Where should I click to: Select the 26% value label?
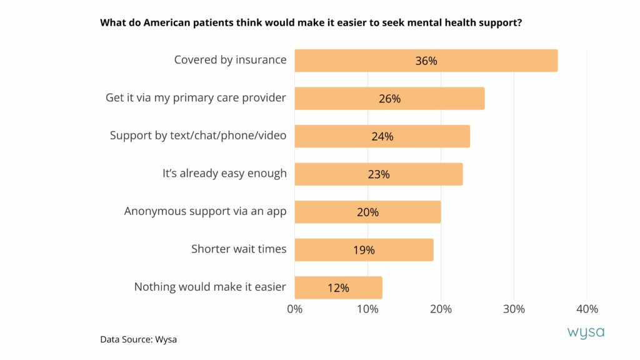pyautogui.click(x=389, y=99)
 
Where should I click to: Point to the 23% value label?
pyautogui.click(x=378, y=174)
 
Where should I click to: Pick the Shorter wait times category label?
pyautogui.click(x=239, y=249)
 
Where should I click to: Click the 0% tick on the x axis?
pyautogui.click(x=294, y=309)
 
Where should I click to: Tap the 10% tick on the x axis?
pyautogui.click(x=367, y=309)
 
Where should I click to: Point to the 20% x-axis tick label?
pyautogui.click(x=441, y=309)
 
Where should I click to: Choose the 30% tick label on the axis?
pyautogui.click(x=514, y=309)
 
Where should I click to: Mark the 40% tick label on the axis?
pyautogui.click(x=587, y=309)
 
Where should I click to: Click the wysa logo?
pyautogui.click(x=586, y=332)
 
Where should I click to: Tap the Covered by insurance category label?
pyautogui.click(x=230, y=60)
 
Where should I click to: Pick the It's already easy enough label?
pyautogui.click(x=224, y=174)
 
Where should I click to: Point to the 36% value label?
pyautogui.click(x=426, y=61)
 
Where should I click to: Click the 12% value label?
pyautogui.click(x=338, y=288)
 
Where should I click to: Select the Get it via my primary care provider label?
pyautogui.click(x=196, y=98)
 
